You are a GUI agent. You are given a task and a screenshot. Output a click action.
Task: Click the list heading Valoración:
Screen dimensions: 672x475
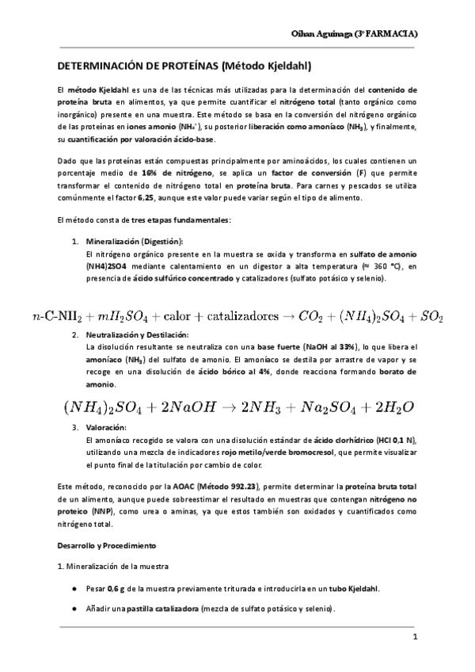click(x=104, y=427)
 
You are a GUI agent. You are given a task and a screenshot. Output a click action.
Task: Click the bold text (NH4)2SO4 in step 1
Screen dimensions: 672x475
click(x=110, y=267)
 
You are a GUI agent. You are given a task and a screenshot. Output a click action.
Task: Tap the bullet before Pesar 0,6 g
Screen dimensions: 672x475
click(x=74, y=589)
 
